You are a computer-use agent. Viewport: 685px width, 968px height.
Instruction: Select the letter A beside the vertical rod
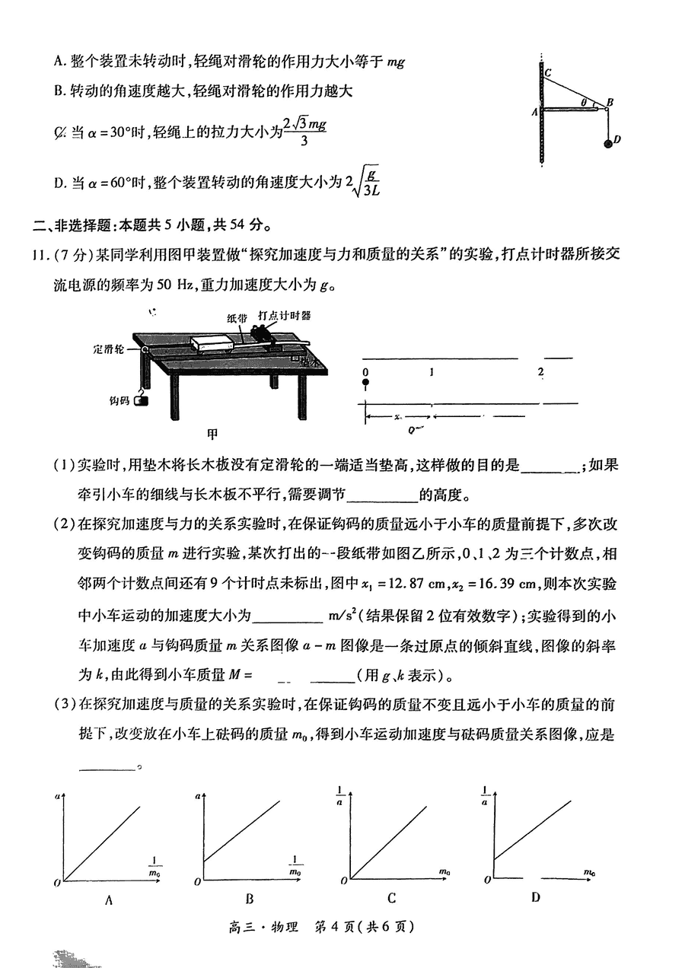point(534,111)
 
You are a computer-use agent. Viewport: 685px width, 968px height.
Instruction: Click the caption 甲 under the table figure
point(212,434)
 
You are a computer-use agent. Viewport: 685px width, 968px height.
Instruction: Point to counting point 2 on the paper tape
point(540,372)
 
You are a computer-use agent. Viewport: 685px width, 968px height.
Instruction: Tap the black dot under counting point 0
point(365,385)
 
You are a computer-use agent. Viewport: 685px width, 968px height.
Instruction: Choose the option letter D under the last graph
point(535,898)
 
